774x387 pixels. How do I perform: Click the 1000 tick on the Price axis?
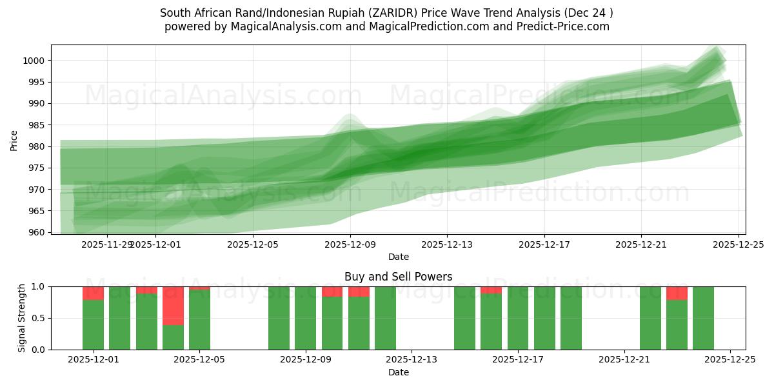click(35, 61)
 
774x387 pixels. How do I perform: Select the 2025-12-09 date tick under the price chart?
click(350, 245)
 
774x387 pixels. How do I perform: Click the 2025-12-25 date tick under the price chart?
click(738, 245)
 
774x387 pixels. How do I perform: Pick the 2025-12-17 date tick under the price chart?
click(544, 245)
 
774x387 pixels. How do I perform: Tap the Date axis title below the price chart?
click(398, 257)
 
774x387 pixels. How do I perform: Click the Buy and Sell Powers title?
click(398, 277)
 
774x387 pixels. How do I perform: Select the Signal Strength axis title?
click(22, 318)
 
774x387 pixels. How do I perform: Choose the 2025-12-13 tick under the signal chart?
click(412, 360)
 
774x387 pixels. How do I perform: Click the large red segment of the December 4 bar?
click(173, 306)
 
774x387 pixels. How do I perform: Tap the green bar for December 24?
click(703, 318)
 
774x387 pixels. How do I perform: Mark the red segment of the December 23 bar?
click(677, 293)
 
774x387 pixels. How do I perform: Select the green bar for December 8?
click(279, 318)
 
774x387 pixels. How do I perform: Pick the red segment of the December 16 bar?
click(491, 290)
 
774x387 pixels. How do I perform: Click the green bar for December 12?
click(385, 318)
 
